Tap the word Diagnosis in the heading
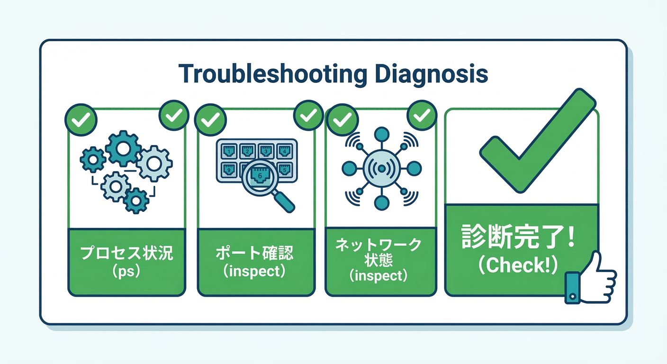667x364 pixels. click(431, 74)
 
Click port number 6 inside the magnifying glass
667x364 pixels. click(260, 175)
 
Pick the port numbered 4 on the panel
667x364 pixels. click(284, 151)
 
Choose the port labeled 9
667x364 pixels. click(227, 168)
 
